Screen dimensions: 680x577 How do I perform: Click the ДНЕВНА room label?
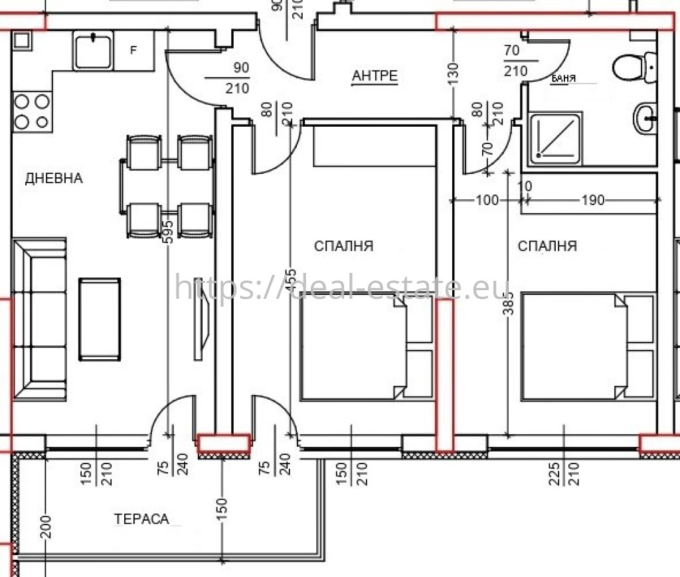point(54,178)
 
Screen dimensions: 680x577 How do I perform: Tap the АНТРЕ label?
point(375,76)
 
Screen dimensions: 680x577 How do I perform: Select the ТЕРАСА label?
point(141,519)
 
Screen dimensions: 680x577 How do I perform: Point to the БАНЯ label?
point(563,78)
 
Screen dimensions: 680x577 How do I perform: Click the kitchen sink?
point(93,51)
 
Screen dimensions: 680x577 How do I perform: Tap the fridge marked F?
point(133,50)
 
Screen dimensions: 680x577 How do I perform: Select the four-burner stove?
point(32,112)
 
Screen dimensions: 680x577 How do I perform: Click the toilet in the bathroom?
point(635,68)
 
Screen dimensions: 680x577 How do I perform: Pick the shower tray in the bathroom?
point(556,138)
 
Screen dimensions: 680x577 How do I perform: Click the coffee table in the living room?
point(100,319)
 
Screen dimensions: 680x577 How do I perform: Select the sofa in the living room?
point(39,319)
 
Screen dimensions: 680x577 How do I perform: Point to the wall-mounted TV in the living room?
point(201,319)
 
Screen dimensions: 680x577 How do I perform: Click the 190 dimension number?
point(593,200)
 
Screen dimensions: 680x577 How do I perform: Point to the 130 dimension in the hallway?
point(453,74)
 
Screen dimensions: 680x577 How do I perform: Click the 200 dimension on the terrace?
point(46,527)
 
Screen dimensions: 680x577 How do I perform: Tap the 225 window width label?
point(554,474)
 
